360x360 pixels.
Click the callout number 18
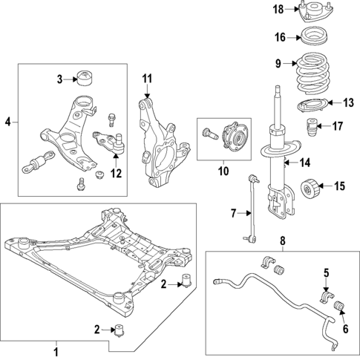pyautogui.click(x=278, y=9)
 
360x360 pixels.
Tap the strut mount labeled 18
pyautogui.click(x=311, y=13)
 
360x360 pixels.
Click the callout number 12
pyautogui.click(x=115, y=174)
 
